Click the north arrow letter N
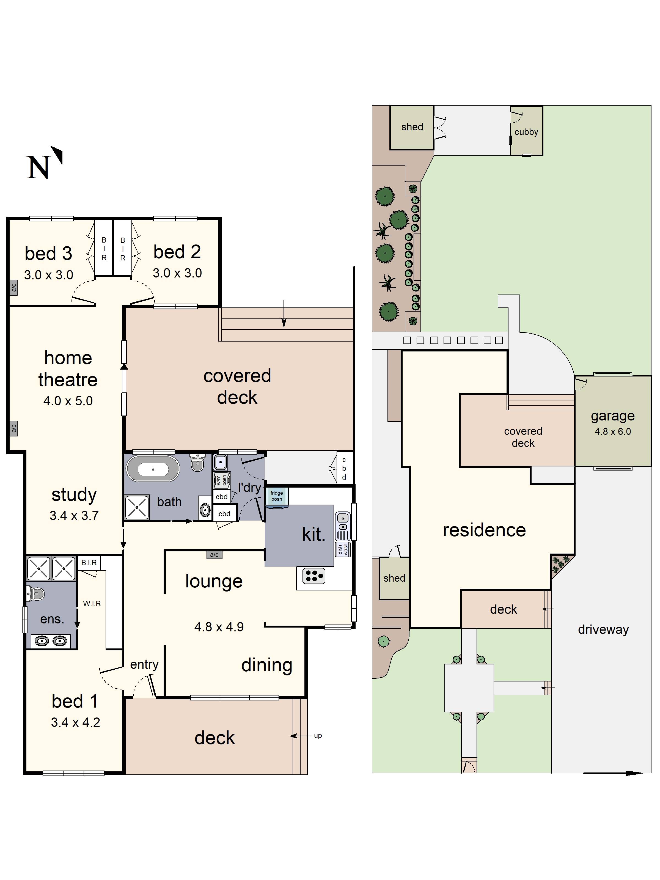coord(38,167)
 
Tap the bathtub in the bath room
coord(153,469)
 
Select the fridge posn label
coord(276,496)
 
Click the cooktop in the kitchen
coord(313,576)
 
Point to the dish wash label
coord(343,550)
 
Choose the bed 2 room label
coord(177,252)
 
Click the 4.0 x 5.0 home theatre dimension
coord(68,401)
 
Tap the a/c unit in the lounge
coord(214,555)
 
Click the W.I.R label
coord(92,604)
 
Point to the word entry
coord(144,665)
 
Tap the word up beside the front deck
coord(318,736)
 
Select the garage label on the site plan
coord(613,416)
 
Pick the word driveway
coord(603,629)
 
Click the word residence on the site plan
coord(484,530)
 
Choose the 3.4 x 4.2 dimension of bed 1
coord(76,722)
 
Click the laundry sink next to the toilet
coord(220,462)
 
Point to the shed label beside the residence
coord(394,578)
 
